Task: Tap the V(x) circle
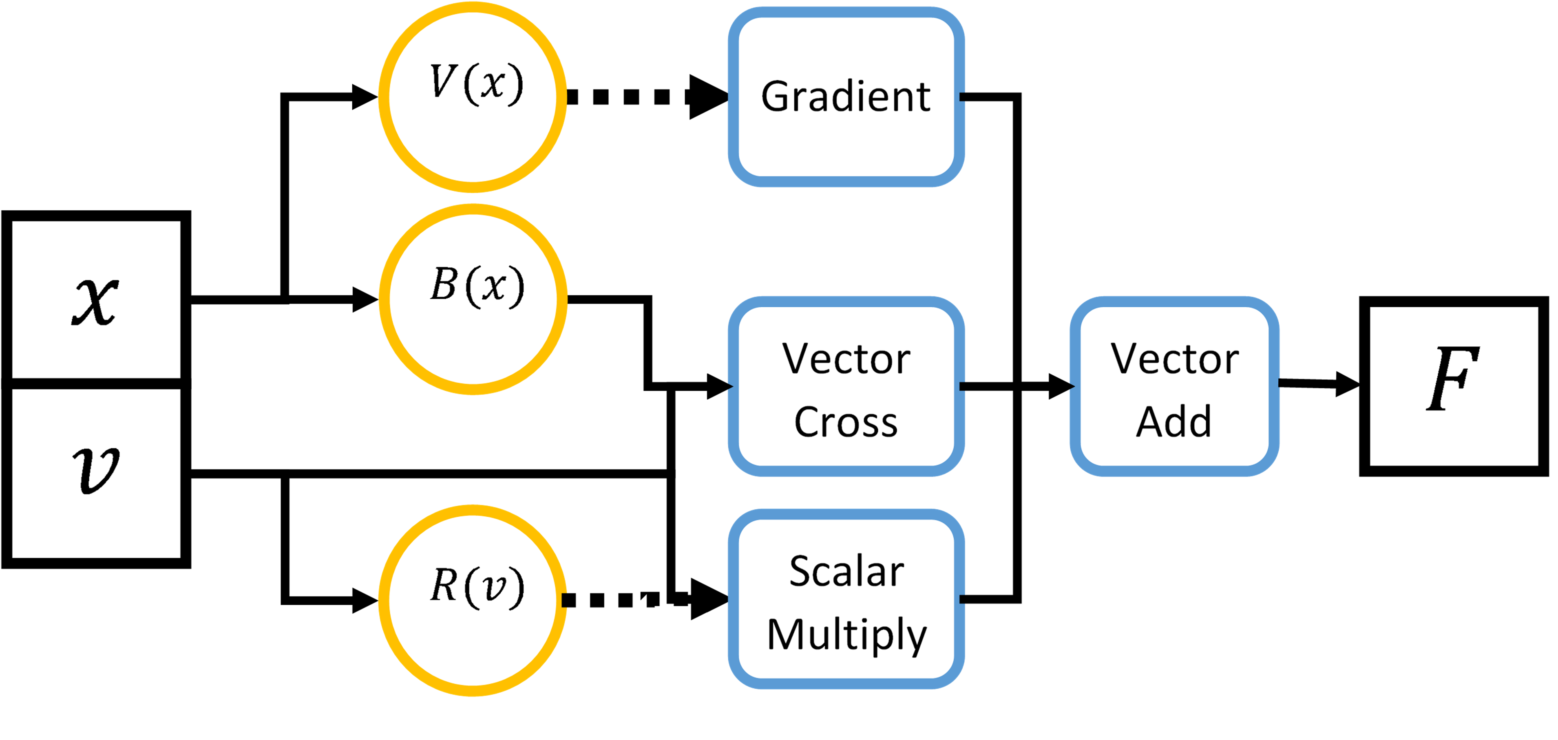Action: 472,97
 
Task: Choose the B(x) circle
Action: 472,299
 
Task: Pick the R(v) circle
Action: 472,600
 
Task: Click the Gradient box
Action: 846,97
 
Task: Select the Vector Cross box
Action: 846,386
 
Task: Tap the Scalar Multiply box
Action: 846,599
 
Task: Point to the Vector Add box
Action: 1174,386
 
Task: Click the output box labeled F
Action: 1453,386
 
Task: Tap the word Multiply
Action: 847,635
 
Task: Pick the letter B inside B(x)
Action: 443,284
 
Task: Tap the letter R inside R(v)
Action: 443,585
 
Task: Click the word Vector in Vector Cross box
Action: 846,359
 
